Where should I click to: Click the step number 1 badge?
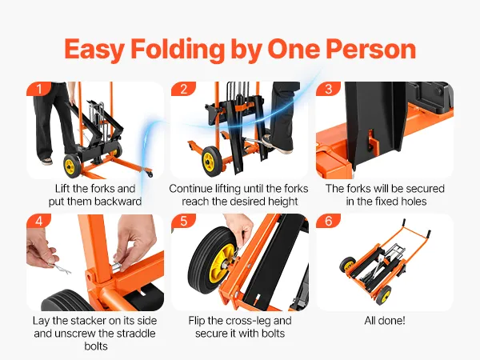[39, 89]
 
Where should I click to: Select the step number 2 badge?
[183, 89]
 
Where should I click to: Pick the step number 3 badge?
[328, 89]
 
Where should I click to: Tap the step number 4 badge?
[39, 221]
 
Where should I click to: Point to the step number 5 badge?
[183, 221]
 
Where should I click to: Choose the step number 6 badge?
[328, 221]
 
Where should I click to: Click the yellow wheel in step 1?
[72, 166]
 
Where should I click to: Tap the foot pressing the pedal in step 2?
[278, 143]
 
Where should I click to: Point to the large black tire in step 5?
[210, 258]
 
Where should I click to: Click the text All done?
[385, 321]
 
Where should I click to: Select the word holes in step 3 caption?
[412, 202]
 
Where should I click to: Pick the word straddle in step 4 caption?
[135, 333]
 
